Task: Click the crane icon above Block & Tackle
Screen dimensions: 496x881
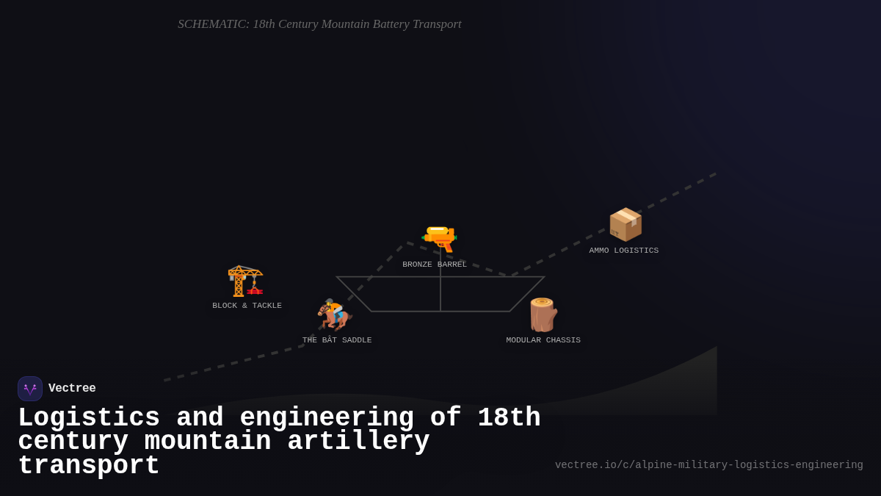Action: coord(245,281)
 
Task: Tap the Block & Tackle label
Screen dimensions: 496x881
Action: coord(247,306)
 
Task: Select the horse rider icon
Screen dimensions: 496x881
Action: coord(335,315)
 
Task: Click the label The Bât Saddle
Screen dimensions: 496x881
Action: coord(337,340)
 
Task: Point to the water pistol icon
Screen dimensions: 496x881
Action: coord(439,239)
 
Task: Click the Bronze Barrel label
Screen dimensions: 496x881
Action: coord(435,265)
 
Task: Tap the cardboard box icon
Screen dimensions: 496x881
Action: coord(625,224)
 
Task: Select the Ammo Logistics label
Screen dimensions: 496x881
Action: coord(623,251)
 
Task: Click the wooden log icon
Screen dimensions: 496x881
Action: coord(543,315)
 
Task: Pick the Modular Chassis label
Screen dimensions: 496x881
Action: coord(543,340)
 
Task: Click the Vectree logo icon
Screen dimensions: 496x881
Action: coord(30,389)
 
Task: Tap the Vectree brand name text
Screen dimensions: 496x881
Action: coord(72,389)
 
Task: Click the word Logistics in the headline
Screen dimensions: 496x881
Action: coord(89,418)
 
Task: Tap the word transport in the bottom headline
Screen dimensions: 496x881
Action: coord(89,466)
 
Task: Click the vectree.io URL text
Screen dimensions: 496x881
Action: coord(708,465)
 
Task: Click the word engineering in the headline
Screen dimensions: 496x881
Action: coord(327,418)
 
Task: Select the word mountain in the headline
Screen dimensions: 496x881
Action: coord(208,442)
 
